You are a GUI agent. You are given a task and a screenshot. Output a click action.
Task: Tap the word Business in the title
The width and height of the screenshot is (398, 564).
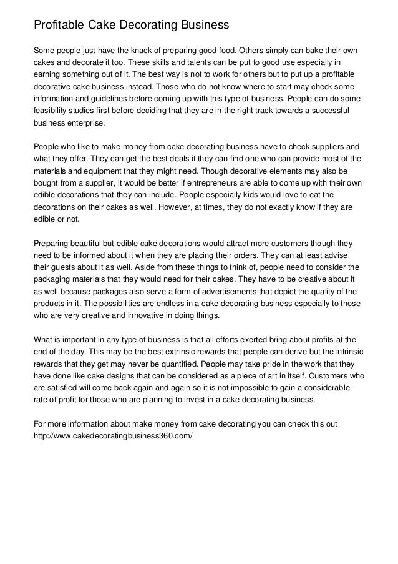tap(203, 26)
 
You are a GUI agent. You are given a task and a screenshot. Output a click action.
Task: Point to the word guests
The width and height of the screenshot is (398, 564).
tap(63, 282)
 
